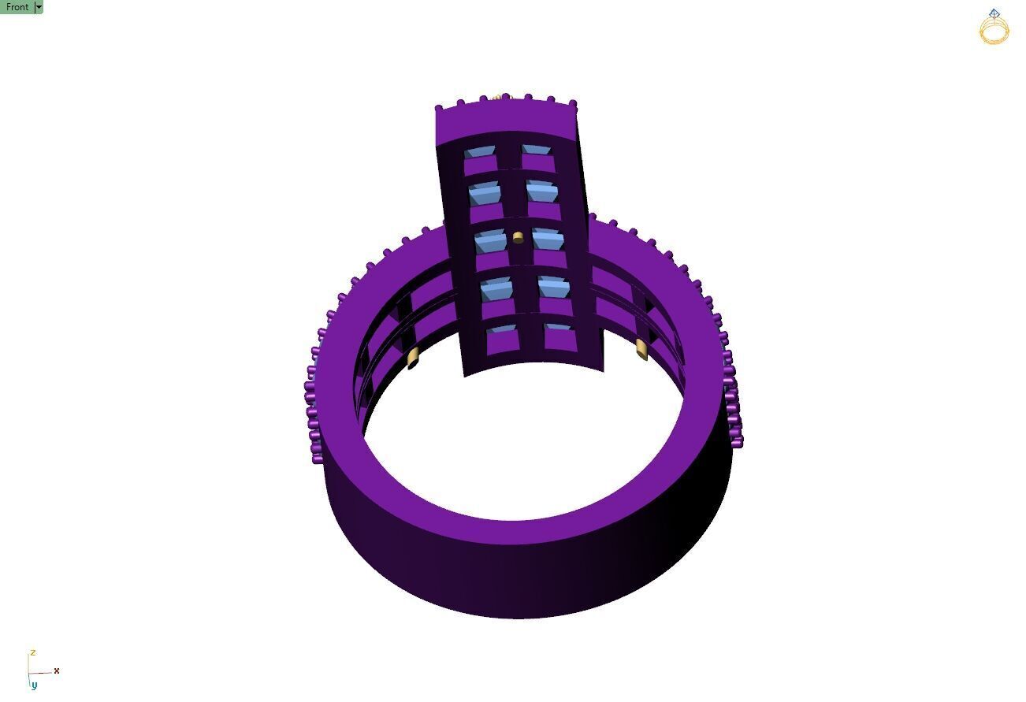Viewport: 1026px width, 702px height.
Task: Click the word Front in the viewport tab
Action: [x=17, y=7]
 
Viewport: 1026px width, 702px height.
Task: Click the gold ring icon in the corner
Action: [x=994, y=28]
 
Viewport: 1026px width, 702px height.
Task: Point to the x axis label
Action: [x=57, y=670]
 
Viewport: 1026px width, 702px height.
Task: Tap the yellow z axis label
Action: [x=32, y=653]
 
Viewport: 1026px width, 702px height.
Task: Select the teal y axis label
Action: [x=34, y=685]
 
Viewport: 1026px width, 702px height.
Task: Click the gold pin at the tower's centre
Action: [x=518, y=237]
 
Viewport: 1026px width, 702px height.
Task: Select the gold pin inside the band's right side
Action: [x=641, y=349]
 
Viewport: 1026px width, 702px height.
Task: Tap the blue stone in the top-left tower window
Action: [x=478, y=151]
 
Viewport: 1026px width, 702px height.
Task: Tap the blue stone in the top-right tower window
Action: [x=536, y=150]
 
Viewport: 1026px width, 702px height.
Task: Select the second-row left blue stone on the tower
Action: [x=485, y=193]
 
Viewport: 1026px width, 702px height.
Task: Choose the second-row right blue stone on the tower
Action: [x=542, y=191]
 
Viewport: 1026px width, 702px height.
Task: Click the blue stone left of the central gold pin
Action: [x=490, y=240]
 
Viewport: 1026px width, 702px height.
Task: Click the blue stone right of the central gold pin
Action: [x=548, y=239]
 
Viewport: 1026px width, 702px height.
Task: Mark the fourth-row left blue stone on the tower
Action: [x=496, y=288]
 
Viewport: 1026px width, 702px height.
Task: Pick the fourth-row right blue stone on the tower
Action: [x=554, y=286]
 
